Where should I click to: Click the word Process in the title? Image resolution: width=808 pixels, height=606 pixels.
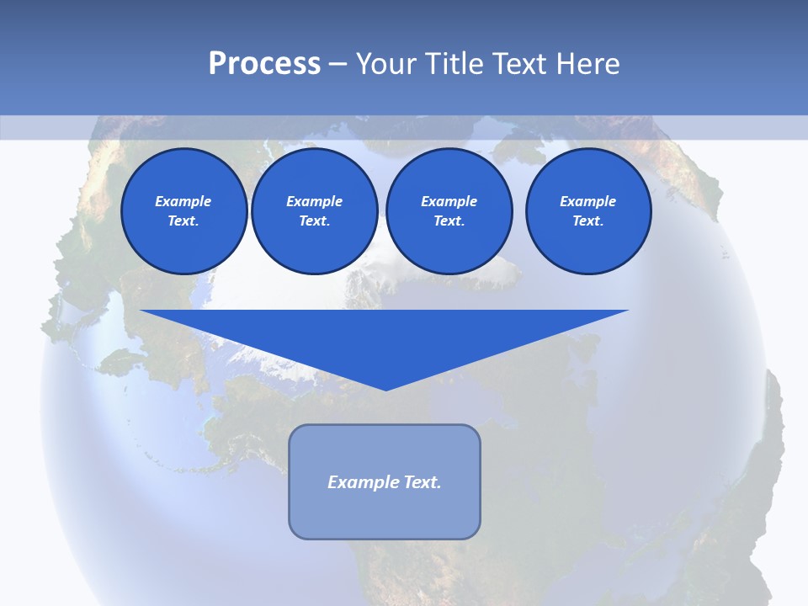pos(264,64)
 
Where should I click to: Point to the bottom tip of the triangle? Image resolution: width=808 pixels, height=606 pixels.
pos(385,389)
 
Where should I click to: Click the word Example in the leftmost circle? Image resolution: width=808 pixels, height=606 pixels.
pos(183,201)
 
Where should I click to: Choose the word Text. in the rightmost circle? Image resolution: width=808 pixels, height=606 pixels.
pos(588,221)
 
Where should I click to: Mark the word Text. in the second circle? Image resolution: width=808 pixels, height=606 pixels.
pos(314,221)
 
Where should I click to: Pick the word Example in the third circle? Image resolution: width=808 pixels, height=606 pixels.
pos(449,201)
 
